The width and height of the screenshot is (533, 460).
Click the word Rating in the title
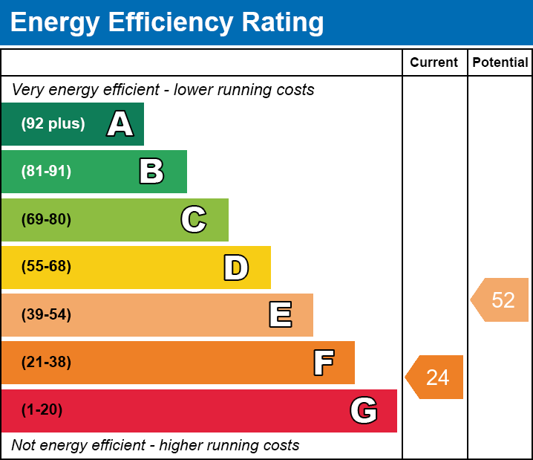click(283, 22)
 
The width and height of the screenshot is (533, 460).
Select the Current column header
click(434, 62)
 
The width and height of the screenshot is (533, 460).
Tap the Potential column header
click(500, 62)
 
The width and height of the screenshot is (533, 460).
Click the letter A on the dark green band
click(120, 123)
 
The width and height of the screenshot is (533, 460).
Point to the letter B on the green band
click(151, 171)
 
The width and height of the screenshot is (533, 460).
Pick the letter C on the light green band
click(194, 219)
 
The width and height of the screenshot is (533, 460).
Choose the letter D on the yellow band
click(236, 268)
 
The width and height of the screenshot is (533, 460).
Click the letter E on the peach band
click(281, 314)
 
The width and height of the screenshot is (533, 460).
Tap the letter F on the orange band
click(324, 363)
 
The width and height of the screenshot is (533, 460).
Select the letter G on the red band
click(364, 410)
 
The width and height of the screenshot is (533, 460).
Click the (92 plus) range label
click(53, 123)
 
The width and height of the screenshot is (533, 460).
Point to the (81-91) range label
click(46, 171)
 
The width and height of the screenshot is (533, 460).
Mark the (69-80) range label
click(46, 219)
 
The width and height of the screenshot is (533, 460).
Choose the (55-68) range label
click(46, 266)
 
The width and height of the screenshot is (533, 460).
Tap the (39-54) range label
click(46, 314)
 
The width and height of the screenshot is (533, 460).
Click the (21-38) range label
click(46, 362)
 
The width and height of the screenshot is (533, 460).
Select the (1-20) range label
click(42, 409)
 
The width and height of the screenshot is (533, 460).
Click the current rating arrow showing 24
click(434, 377)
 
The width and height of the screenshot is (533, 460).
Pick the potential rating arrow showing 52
click(500, 299)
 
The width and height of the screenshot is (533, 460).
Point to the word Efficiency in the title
click(171, 22)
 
